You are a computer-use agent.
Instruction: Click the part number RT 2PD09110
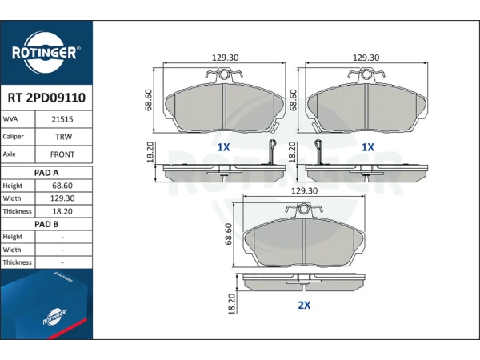click(x=46, y=98)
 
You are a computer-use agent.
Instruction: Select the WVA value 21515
click(x=62, y=119)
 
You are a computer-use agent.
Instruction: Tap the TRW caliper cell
click(x=63, y=137)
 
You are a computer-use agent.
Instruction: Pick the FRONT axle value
click(x=62, y=154)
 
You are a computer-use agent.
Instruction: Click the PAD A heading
click(x=46, y=173)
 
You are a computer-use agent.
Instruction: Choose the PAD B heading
click(x=46, y=224)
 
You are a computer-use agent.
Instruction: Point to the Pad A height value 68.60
click(x=62, y=186)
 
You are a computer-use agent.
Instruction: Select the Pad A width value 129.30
click(x=62, y=198)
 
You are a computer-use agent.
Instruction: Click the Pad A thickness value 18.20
click(x=62, y=211)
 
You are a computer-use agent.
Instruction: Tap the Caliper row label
click(x=13, y=137)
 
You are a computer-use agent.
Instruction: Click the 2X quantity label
click(x=304, y=305)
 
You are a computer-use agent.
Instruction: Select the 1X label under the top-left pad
click(x=223, y=147)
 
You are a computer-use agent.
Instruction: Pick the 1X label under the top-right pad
click(x=368, y=147)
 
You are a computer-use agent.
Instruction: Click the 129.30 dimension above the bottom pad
click(x=304, y=190)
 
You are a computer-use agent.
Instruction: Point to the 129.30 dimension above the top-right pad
click(x=366, y=58)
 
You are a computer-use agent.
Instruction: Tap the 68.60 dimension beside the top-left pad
click(x=149, y=100)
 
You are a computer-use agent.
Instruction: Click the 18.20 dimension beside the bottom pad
click(x=232, y=304)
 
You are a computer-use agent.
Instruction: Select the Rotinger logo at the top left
click(x=46, y=53)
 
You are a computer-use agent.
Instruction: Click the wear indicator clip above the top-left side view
click(x=271, y=152)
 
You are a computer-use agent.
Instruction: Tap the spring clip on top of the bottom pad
click(x=304, y=209)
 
